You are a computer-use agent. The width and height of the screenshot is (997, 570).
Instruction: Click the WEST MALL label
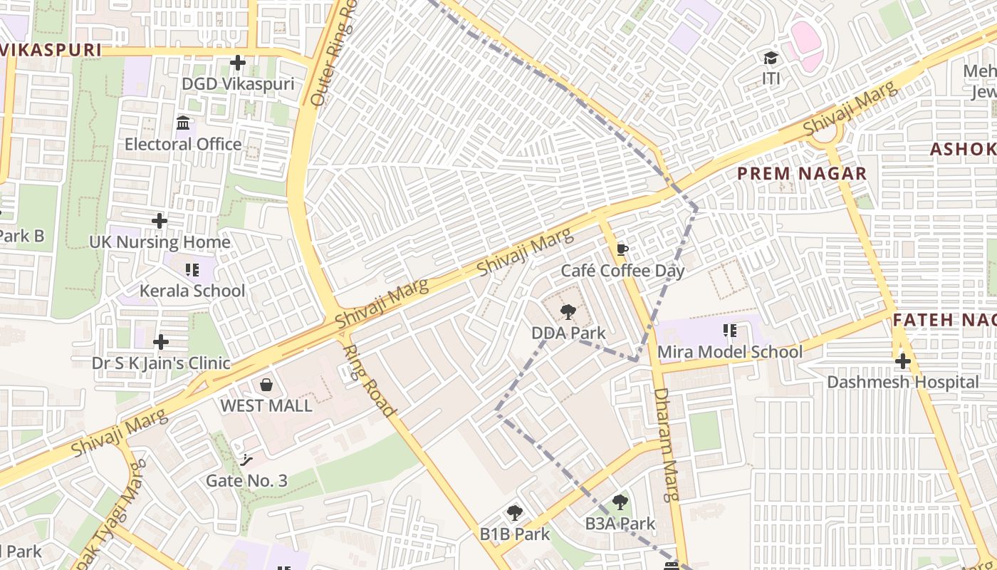pyautogui.click(x=266, y=405)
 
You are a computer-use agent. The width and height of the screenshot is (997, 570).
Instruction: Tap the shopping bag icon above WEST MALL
pyautogui.click(x=266, y=385)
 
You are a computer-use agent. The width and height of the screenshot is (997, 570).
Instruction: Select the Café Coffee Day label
pyautogui.click(x=622, y=271)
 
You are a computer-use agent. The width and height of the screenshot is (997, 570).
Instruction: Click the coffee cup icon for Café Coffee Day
pyautogui.click(x=622, y=249)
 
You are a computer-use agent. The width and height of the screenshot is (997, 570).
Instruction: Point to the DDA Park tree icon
pyautogui.click(x=568, y=311)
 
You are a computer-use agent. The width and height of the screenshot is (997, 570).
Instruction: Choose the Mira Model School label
pyautogui.click(x=729, y=351)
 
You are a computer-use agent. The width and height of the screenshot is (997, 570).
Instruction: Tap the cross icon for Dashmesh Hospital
pyautogui.click(x=902, y=361)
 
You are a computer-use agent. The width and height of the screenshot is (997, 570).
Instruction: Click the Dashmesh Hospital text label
pyautogui.click(x=902, y=382)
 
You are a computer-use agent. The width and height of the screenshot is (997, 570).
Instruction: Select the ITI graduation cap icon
pyautogui.click(x=771, y=58)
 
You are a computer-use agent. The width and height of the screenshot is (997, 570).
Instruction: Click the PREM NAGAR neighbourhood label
pyautogui.click(x=802, y=173)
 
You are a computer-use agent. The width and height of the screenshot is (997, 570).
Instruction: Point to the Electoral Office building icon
pyautogui.click(x=183, y=123)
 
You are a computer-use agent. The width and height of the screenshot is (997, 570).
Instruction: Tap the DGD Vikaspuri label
pyautogui.click(x=238, y=84)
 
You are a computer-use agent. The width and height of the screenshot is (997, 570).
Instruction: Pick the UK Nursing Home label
pyautogui.click(x=160, y=242)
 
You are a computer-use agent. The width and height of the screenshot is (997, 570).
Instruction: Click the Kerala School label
pyautogui.click(x=192, y=291)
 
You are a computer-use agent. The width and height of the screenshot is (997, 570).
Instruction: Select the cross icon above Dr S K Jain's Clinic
pyautogui.click(x=161, y=342)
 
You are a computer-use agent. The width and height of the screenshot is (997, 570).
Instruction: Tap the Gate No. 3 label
pyautogui.click(x=246, y=481)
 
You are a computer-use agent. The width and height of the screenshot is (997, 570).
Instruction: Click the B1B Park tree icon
pyautogui.click(x=514, y=513)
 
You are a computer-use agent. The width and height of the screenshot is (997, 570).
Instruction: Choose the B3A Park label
pyautogui.click(x=620, y=524)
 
